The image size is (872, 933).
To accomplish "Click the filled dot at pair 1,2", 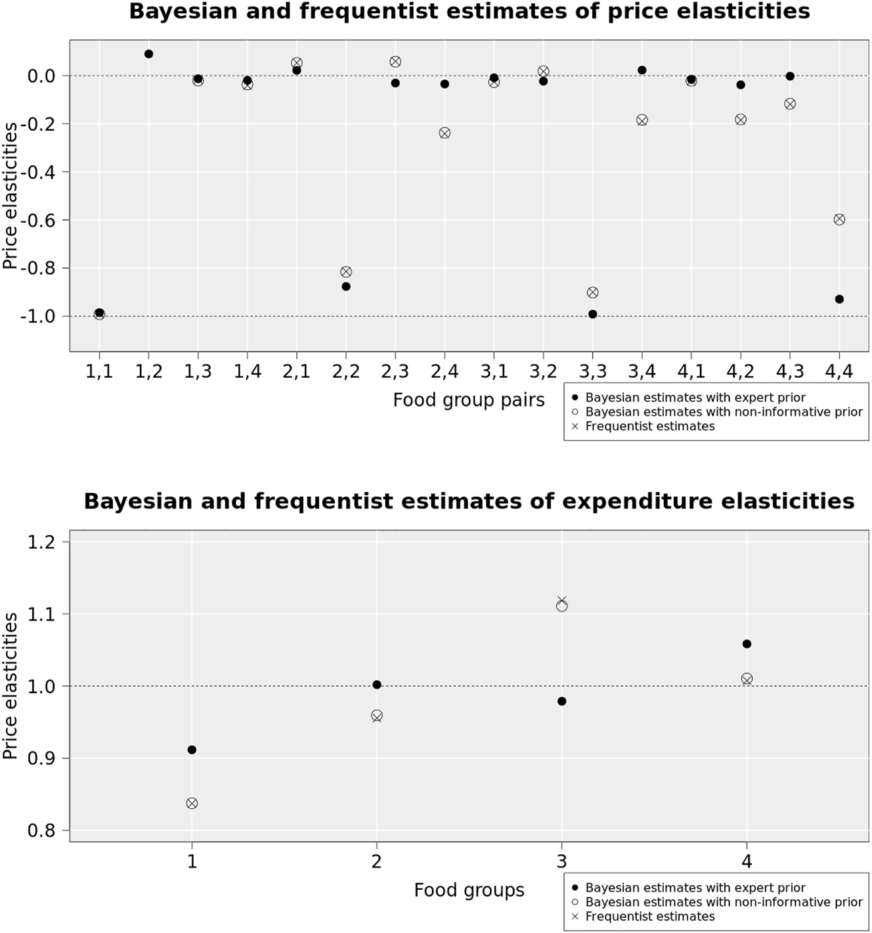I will click(x=148, y=54).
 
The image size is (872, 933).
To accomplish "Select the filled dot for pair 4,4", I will click(x=839, y=299).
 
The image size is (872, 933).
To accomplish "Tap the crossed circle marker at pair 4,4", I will click(x=839, y=219).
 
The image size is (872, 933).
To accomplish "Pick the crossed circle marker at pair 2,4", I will click(x=445, y=133).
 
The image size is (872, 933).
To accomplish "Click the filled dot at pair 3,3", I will click(x=592, y=314).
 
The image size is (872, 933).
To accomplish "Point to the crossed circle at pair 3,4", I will click(x=642, y=120).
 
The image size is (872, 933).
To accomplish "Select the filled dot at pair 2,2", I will click(x=346, y=286).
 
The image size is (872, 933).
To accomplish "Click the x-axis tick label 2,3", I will click(x=395, y=372).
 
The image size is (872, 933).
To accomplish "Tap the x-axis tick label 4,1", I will click(x=691, y=372).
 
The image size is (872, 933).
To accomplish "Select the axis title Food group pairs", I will click(x=469, y=400).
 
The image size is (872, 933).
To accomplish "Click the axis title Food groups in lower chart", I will click(x=469, y=890).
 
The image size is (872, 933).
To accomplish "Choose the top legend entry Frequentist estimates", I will click(x=649, y=426).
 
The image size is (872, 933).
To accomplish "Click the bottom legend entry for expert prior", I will click(x=695, y=888).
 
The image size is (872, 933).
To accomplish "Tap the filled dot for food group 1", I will click(x=192, y=750).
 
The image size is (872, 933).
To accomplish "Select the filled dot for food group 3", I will click(x=561, y=701).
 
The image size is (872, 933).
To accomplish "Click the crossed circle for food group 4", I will click(x=747, y=679).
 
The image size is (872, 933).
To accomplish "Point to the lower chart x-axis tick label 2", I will click(x=376, y=861).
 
